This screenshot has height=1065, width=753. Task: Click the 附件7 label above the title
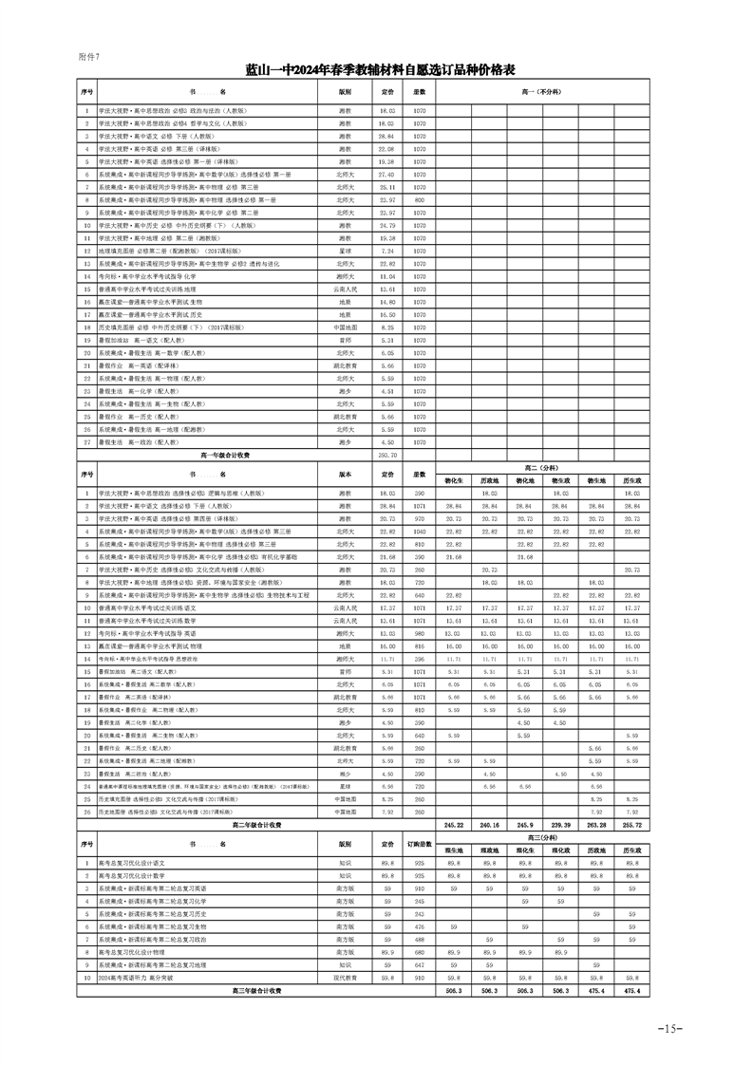coord(88,57)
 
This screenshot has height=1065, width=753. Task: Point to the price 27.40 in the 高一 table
coord(386,175)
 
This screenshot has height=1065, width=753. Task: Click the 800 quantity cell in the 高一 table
coord(419,200)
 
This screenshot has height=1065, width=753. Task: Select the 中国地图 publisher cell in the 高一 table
coord(345,327)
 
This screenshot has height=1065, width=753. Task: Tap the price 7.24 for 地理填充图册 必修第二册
coord(386,251)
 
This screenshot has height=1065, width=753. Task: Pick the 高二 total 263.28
coord(596,826)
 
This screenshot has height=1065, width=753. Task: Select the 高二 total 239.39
coord(561,826)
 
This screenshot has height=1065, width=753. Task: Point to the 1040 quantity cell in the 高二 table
coord(419,532)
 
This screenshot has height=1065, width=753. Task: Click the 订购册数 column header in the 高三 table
coord(419,843)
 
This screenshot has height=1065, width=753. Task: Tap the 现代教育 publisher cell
coord(345,977)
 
